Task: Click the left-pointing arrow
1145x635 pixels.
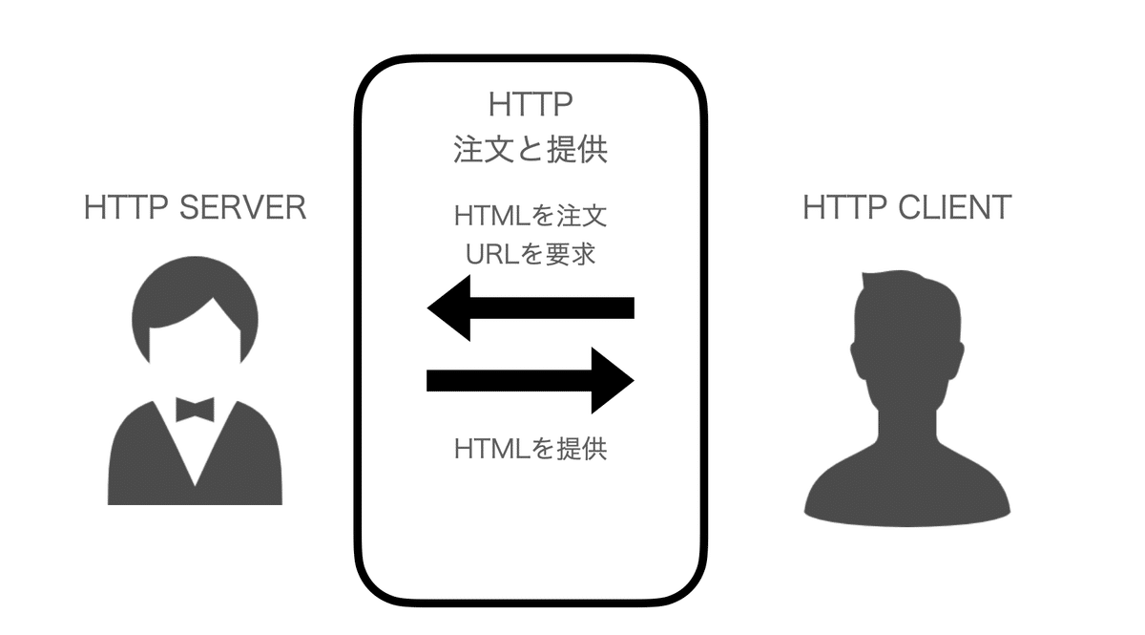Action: [x=531, y=307]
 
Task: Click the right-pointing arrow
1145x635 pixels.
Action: [x=531, y=381]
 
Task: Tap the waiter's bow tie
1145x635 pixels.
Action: [x=195, y=410]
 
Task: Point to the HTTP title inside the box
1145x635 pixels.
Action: [x=531, y=105]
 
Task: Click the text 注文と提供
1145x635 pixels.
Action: [x=531, y=151]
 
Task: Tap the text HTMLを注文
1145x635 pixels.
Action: [x=531, y=216]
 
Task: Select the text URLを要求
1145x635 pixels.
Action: [x=531, y=254]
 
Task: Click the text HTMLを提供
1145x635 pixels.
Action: [x=531, y=448]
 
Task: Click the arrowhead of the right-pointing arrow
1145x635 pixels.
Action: [x=612, y=381]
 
